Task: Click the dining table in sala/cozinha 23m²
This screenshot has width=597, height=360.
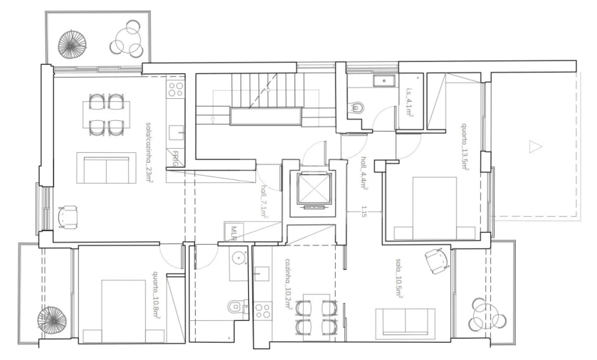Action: [x=106, y=115]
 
